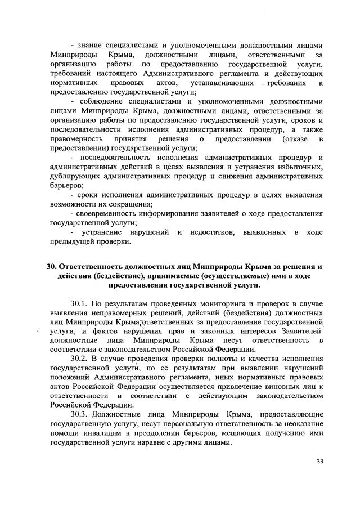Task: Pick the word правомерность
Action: [x=76, y=138]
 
